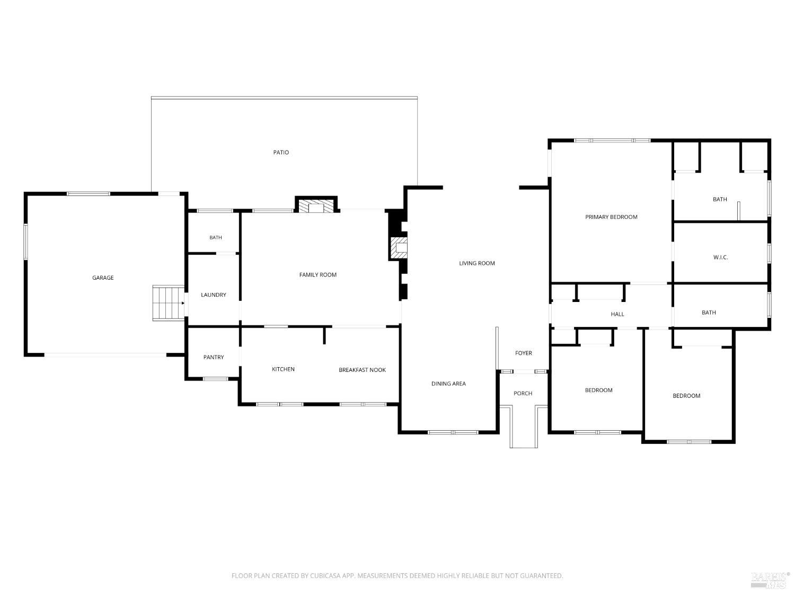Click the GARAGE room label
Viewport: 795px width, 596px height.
coord(103,278)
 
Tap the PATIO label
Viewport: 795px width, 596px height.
coord(281,153)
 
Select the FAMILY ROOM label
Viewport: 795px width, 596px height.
coord(317,274)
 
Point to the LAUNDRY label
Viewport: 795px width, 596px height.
coord(214,295)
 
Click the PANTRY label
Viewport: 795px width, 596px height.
coord(214,357)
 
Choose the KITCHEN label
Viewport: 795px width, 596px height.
coord(283,369)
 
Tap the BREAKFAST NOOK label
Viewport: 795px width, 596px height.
coord(362,370)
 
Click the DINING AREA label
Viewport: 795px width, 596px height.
coord(448,384)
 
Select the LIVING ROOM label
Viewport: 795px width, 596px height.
coord(476,263)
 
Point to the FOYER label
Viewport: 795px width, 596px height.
coord(523,353)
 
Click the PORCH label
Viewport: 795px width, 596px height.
coord(523,393)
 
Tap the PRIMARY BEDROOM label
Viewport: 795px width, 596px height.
coord(611,217)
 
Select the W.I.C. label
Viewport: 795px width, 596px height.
coord(720,257)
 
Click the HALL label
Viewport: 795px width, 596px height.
coord(617,314)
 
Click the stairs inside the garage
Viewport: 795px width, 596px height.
coord(169,303)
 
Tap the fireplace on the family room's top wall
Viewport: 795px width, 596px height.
coord(316,205)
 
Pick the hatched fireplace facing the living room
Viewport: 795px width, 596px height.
coord(399,248)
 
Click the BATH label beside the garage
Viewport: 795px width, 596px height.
coord(216,237)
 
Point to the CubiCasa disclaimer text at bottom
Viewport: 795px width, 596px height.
coord(397,576)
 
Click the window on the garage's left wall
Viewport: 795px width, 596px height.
coord(26,242)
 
